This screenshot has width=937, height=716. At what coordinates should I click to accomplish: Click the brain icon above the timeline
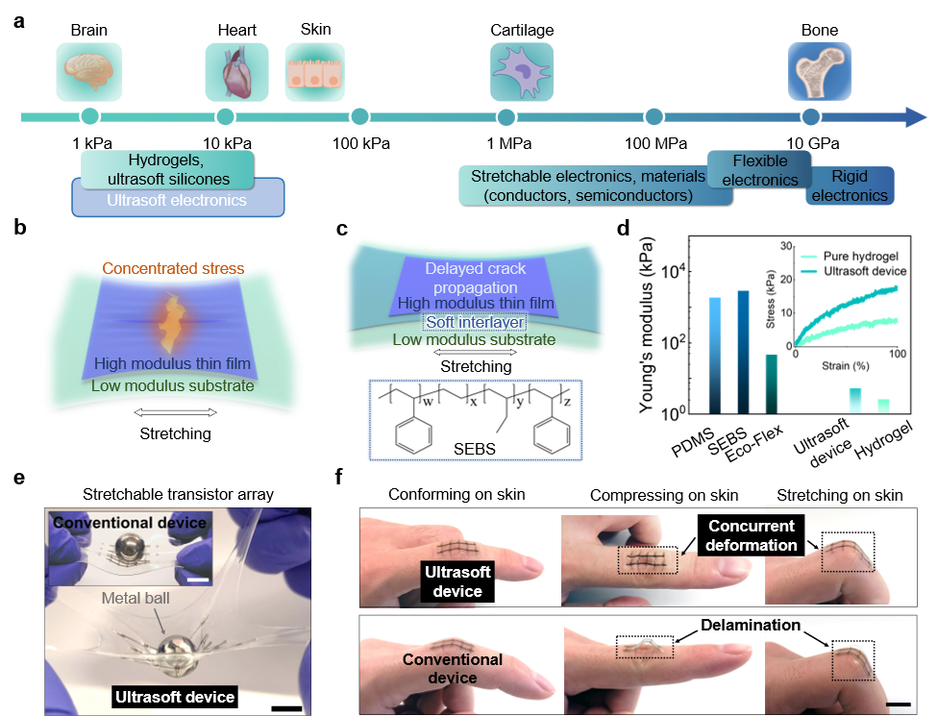(89, 71)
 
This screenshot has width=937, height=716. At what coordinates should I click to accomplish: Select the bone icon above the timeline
(820, 71)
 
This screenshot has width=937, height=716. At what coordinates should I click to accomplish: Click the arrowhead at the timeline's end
(917, 117)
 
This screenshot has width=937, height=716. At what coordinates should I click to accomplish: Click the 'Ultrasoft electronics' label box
(177, 201)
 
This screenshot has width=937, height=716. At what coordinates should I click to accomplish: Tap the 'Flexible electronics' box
(759, 170)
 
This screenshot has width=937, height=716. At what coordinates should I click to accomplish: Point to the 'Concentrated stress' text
(173, 268)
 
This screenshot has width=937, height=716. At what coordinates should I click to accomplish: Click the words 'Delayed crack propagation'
(475, 279)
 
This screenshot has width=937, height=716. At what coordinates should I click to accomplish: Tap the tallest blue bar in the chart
(743, 351)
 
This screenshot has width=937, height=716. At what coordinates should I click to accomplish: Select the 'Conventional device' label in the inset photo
(130, 523)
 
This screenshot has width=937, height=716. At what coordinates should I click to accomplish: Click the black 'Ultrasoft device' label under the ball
(175, 697)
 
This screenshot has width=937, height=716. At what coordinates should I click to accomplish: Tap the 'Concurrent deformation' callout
(752, 535)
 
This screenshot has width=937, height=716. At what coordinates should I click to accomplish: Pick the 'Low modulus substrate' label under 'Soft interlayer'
(474, 339)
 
